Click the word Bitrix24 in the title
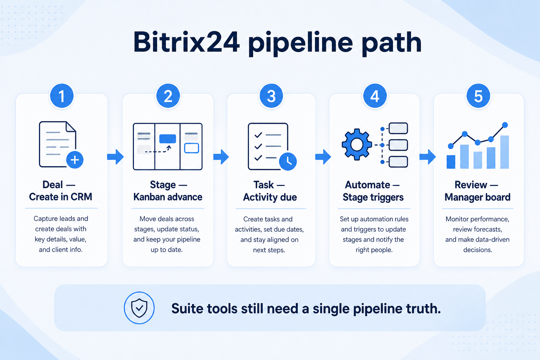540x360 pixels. [x=187, y=43]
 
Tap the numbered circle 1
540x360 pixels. [x=62, y=96]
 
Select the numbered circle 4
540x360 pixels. [x=375, y=96]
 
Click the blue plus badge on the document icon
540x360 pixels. [x=75, y=160]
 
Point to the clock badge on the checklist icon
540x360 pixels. [x=288, y=162]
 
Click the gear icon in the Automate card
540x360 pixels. [x=357, y=144]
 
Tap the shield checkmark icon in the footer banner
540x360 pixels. [x=139, y=308]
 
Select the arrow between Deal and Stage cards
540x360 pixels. [x=115, y=157]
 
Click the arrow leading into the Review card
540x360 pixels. [x=427, y=157]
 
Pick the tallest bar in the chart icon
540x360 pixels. [x=504, y=152]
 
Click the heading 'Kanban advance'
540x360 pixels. [x=168, y=197]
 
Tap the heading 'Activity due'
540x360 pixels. [x=270, y=197]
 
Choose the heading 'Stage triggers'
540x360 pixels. [x=373, y=197]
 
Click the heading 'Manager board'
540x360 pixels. [x=477, y=197]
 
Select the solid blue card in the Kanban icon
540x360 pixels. [x=168, y=139]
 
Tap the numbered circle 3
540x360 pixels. [x=271, y=96]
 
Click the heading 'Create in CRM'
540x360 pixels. [x=60, y=197]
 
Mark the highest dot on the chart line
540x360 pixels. [x=505, y=125]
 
